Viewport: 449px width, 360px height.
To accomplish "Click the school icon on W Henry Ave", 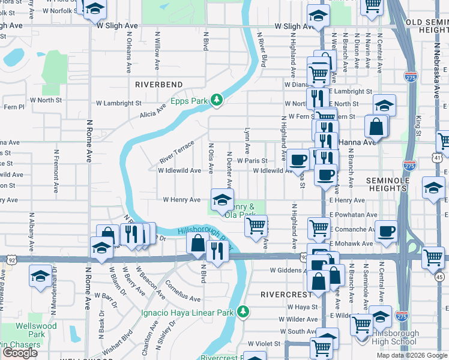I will point(221,199).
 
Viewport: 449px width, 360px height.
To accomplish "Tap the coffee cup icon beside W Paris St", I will point(298,160).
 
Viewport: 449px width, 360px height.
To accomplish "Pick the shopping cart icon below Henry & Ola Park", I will point(256,226).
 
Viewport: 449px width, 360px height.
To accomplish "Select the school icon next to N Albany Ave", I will point(40,277).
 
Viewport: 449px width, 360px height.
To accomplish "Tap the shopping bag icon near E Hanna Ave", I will point(376,127).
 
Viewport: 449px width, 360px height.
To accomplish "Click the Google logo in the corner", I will point(20,353).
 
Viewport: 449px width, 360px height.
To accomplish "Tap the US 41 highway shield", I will point(437,157).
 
